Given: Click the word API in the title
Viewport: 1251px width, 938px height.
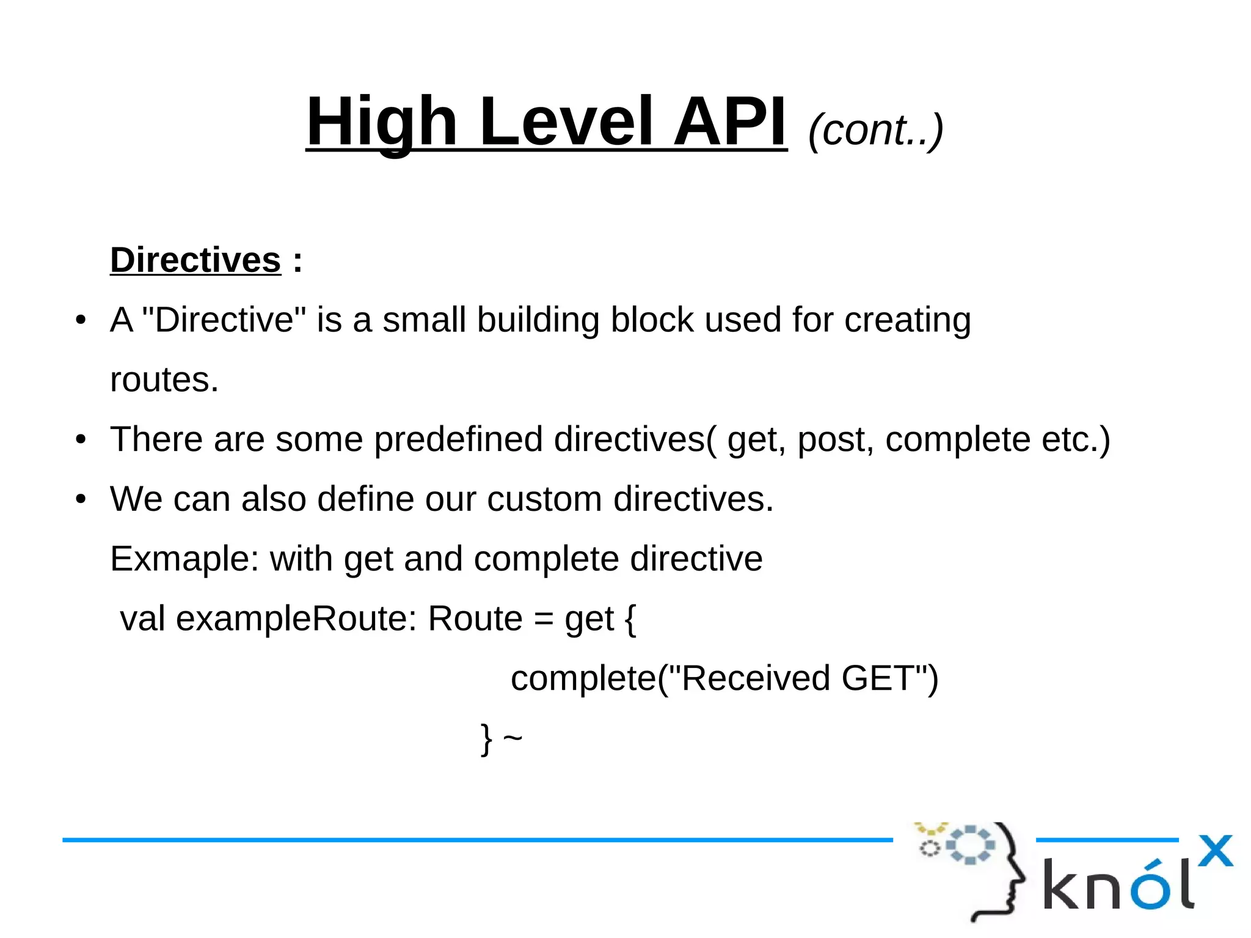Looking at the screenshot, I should coord(730,122).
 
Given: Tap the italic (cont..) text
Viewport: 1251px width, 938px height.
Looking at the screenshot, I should coord(875,130).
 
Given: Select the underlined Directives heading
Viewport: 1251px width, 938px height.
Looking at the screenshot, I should coord(195,260).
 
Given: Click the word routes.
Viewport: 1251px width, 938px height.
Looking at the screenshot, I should coord(164,380).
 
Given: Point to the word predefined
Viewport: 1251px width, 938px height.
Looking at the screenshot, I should coord(458,439).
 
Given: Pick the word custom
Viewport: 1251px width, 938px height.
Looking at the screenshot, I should coord(544,499).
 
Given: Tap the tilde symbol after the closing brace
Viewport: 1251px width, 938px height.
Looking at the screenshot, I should coord(512,738).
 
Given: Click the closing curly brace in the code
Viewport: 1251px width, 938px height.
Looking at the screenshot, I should coord(486,739).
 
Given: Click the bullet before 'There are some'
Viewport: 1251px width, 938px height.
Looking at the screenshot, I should coord(81,440).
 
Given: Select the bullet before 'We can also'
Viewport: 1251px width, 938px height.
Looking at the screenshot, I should coord(81,499).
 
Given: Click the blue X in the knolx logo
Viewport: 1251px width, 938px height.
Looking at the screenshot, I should coord(1215,851).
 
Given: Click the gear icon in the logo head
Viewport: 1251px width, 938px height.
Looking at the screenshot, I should coord(970,845).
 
